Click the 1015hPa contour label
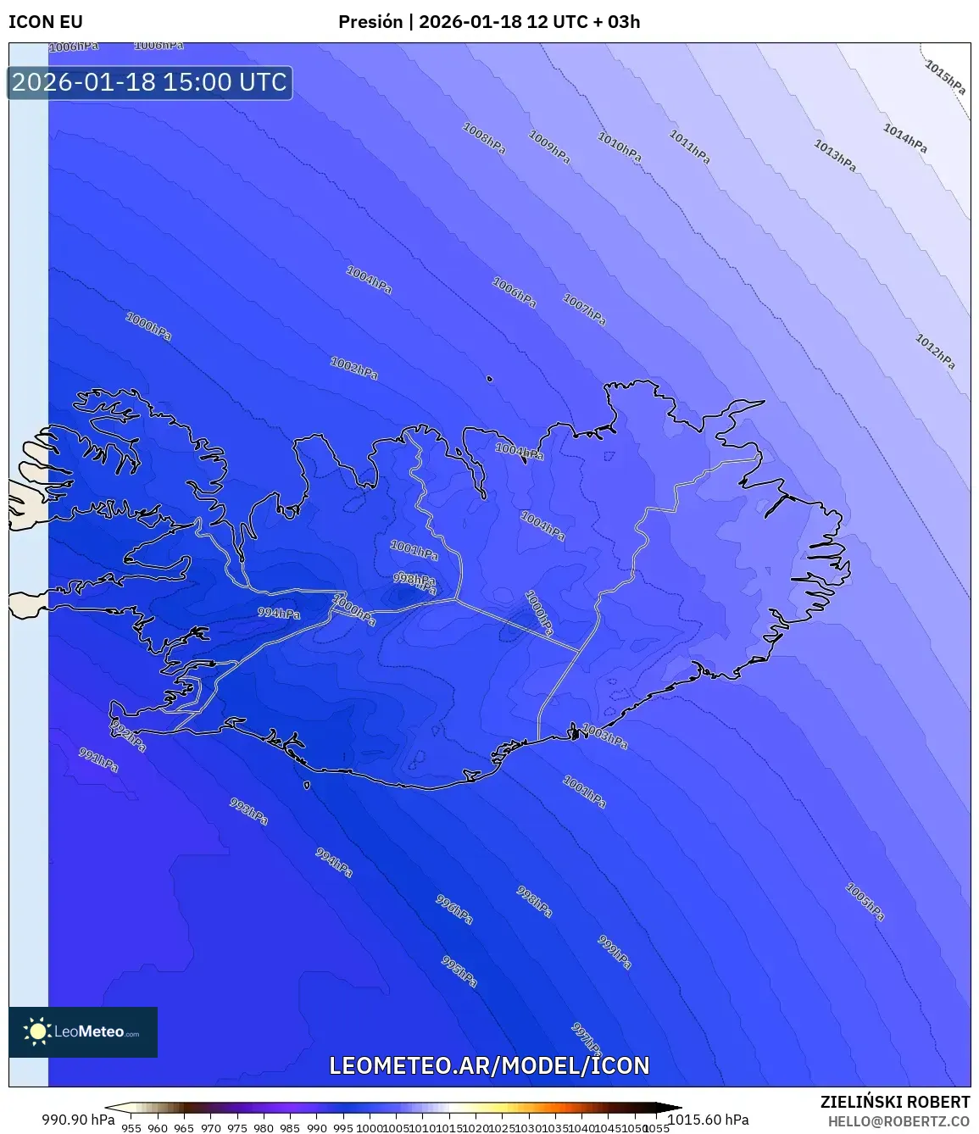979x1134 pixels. (945, 77)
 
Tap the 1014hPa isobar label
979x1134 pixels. (905, 138)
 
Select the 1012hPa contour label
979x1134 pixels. (935, 351)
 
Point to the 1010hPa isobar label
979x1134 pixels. (620, 147)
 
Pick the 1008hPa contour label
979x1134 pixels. (484, 138)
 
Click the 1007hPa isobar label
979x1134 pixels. (585, 309)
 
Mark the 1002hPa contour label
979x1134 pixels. (354, 368)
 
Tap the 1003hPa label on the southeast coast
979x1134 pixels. (605, 737)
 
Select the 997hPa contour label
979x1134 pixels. (586, 1039)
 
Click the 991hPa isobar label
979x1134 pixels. (98, 759)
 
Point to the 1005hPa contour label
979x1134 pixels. (865, 902)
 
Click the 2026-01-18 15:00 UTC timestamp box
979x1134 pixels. (150, 82)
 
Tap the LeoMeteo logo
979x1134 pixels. (83, 1031)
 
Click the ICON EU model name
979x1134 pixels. (46, 22)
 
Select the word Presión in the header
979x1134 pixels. (370, 22)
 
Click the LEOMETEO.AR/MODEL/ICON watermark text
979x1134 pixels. (489, 1065)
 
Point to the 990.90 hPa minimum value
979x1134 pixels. (78, 1120)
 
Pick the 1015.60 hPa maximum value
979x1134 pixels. (709, 1120)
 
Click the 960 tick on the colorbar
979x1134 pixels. (158, 1128)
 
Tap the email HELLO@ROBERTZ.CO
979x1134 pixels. (898, 1121)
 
